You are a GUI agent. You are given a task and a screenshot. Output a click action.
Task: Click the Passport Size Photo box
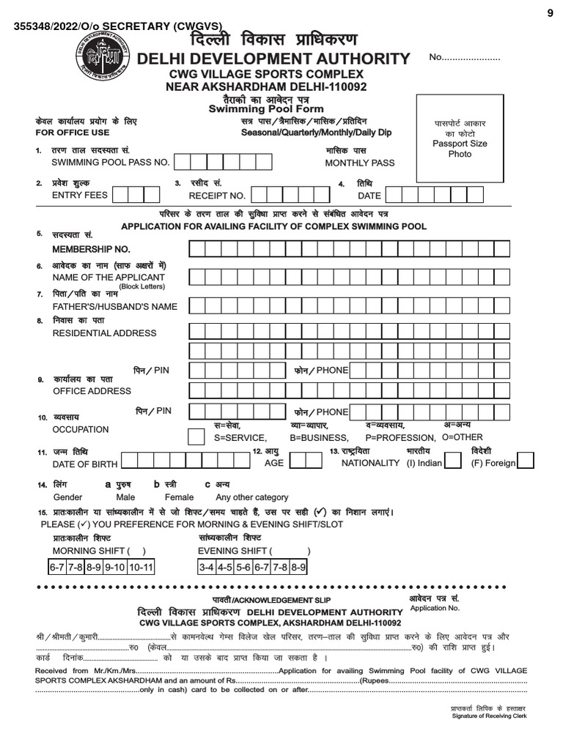460,138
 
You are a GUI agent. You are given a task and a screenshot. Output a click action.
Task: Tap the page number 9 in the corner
550,11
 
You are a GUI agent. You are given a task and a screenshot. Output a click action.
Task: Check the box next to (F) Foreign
526,460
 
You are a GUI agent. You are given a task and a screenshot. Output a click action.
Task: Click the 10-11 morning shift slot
141,568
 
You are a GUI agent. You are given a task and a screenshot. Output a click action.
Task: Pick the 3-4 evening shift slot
205,568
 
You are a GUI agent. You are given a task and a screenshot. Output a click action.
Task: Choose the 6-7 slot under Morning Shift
57,568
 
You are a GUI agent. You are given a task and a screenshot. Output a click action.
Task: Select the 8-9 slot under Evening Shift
298,568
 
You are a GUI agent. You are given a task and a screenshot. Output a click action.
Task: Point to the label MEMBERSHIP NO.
91,250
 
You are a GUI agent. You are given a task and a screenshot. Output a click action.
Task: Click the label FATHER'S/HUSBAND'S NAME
115,306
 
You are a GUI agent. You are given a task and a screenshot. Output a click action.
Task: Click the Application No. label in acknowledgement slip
435,608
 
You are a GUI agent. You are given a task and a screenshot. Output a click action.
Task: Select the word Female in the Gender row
179,497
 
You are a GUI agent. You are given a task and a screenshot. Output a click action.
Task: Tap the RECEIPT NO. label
217,196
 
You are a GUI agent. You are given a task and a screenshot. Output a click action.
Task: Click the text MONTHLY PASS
359,163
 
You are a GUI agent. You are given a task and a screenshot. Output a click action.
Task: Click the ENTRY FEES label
80,195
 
